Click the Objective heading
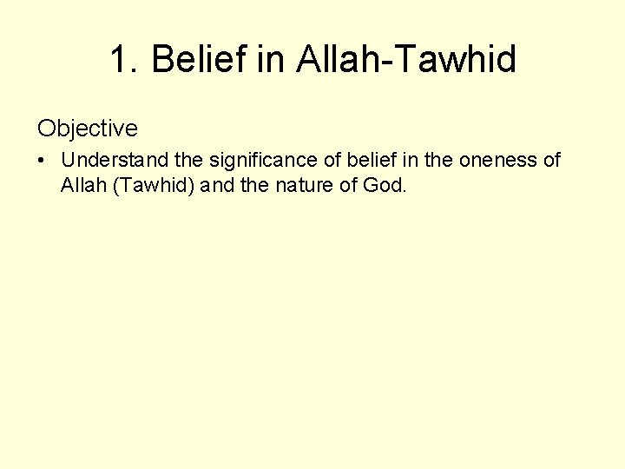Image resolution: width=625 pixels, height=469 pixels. point(87,129)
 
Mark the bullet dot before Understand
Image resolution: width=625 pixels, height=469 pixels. point(43,161)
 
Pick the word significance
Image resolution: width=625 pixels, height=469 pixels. point(258,161)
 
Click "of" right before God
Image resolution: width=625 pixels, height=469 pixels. point(348,184)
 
